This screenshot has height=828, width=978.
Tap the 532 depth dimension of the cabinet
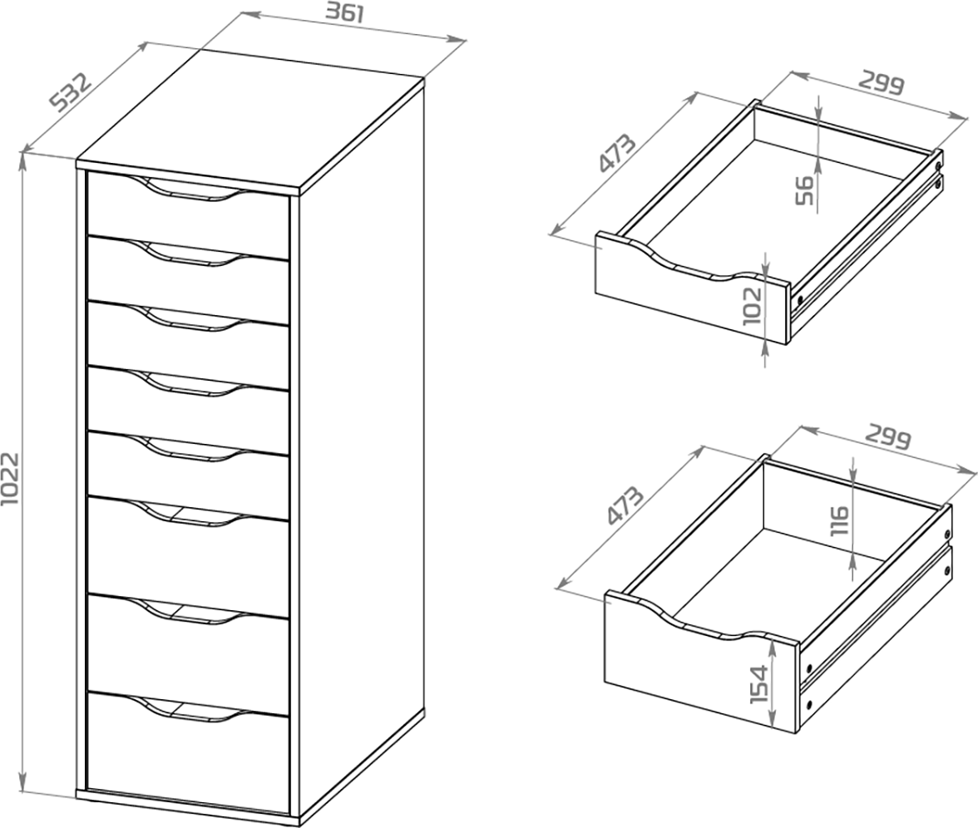click(71, 91)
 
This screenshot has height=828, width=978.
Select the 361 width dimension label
click(344, 13)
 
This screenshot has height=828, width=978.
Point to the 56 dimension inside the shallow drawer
click(805, 190)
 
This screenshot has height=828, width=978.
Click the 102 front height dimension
click(752, 306)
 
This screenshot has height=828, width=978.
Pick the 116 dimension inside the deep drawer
click(840, 520)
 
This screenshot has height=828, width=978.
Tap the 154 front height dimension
click(758, 685)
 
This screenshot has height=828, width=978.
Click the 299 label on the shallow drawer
click(881, 83)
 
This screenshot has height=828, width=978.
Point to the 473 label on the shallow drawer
click(617, 153)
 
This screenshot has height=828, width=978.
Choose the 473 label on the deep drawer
click(625, 505)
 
